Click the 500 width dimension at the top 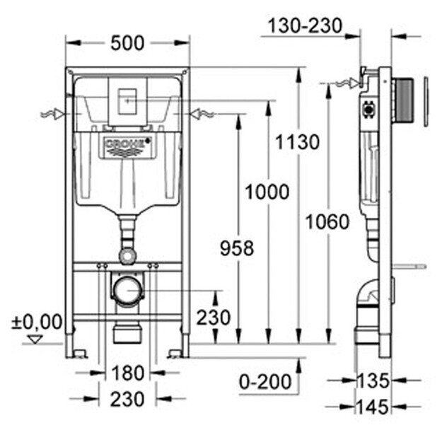(x=129, y=43)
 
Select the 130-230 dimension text (x=305, y=26)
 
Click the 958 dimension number (x=233, y=248)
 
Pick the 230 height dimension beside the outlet (x=213, y=318)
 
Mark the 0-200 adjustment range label (x=265, y=382)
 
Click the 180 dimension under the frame (x=127, y=372)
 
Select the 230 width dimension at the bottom (x=127, y=399)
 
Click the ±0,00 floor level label (x=37, y=322)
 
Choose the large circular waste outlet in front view (x=127, y=289)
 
